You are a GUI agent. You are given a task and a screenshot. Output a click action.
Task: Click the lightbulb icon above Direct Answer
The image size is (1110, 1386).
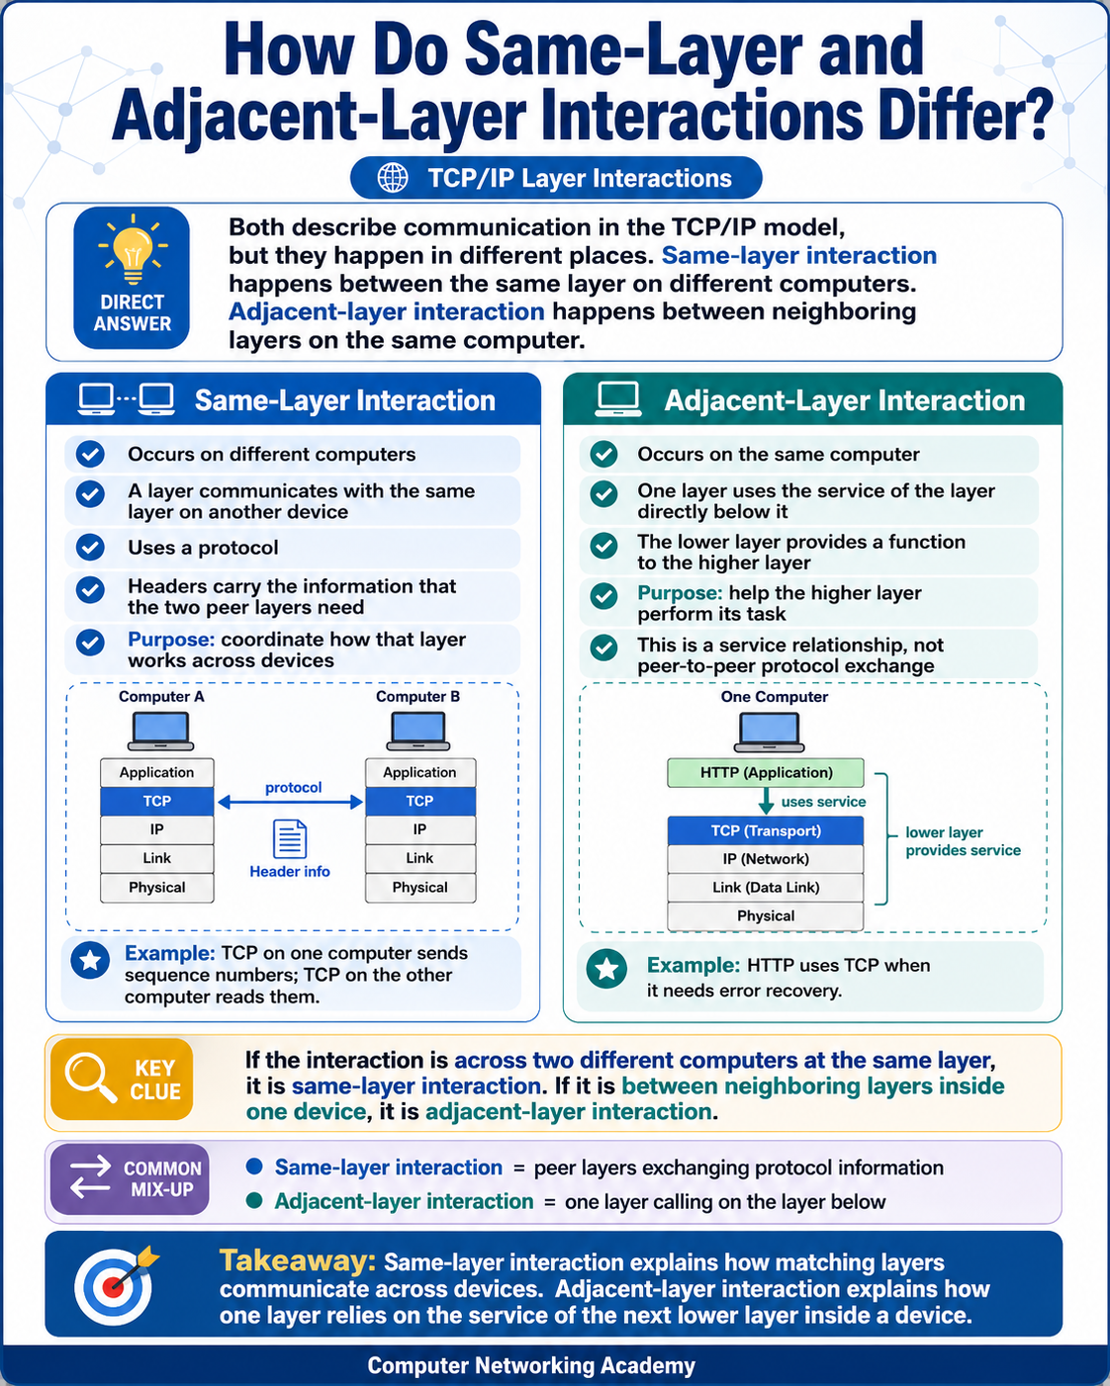coord(133,249)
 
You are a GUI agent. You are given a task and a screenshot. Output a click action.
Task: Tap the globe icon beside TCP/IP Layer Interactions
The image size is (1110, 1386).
coord(393,178)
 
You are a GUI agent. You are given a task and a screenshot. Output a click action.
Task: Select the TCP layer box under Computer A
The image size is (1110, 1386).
coord(156,801)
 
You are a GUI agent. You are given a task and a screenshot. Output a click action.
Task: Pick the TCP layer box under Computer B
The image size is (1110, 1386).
coord(419,801)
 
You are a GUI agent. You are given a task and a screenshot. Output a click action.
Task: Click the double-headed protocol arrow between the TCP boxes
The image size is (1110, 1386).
coord(290,802)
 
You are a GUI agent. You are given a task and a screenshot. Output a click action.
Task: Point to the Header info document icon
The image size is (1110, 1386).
coord(290,838)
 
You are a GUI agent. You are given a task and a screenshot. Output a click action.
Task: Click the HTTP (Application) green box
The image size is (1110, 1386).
coord(766,772)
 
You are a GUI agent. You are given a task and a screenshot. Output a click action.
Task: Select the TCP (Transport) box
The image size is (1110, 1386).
coord(766,830)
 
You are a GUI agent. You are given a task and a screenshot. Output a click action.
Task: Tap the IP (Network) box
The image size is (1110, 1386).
coord(766,858)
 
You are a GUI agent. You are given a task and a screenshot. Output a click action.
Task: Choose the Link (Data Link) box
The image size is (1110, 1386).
coord(766,887)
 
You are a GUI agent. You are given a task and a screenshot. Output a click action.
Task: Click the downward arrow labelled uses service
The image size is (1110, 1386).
coord(766,801)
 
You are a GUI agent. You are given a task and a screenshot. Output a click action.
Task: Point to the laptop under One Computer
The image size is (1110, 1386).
coord(769,733)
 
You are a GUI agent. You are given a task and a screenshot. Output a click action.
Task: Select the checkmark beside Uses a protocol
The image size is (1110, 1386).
coord(90,548)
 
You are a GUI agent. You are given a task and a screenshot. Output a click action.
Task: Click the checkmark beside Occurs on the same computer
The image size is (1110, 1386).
coord(604,454)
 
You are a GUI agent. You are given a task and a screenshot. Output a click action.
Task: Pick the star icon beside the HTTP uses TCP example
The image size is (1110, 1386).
coord(606,969)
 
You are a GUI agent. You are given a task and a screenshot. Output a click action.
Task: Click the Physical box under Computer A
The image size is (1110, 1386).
coord(156,888)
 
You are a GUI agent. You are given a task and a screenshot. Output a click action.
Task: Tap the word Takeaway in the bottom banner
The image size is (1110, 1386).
coord(297,1260)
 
